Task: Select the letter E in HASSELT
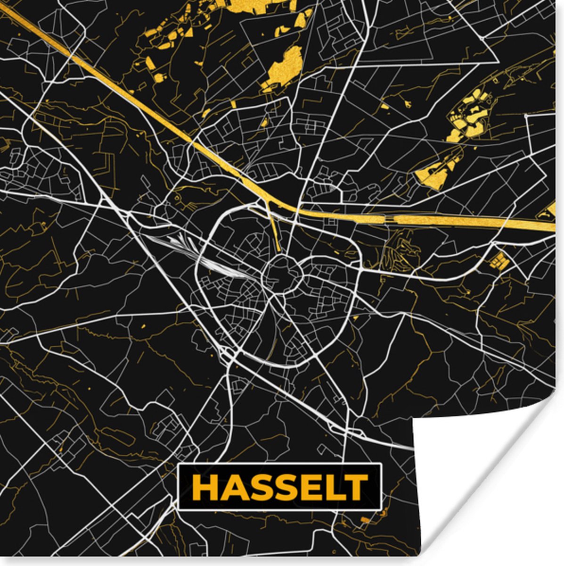tap(310, 487)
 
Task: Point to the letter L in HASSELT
tap(333, 487)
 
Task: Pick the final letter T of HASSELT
tap(355, 487)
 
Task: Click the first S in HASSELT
tap(258, 487)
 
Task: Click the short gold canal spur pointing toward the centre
tap(276, 231)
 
